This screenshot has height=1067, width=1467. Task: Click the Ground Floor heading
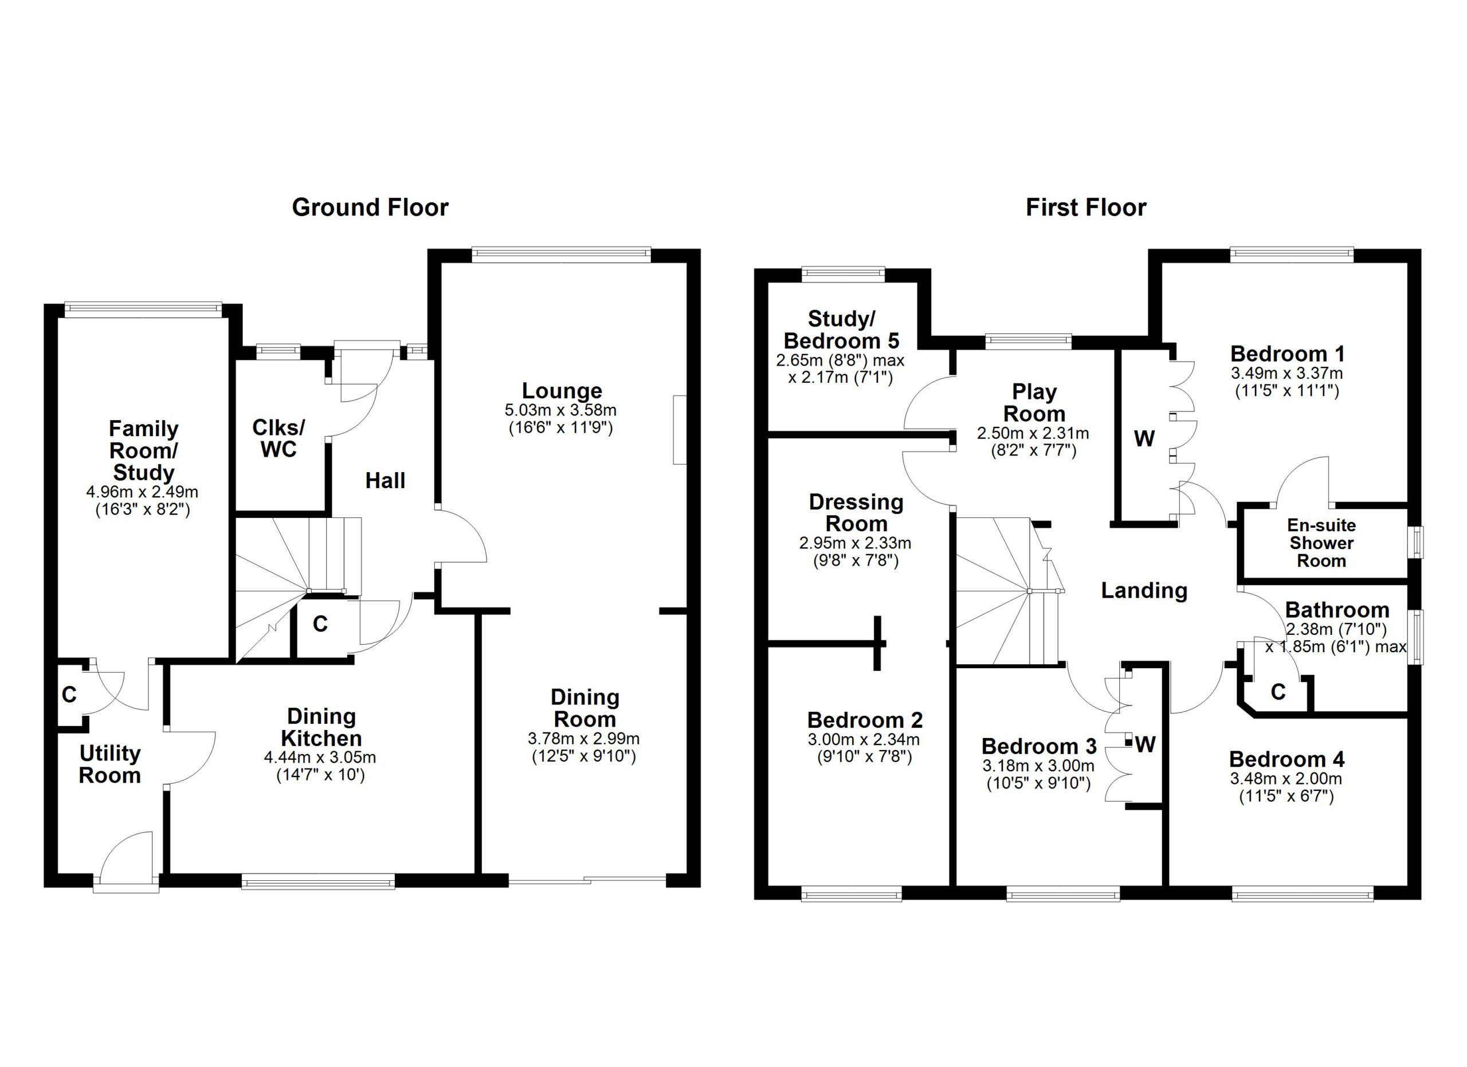coord(370,207)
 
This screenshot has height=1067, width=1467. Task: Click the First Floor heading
coord(1086,207)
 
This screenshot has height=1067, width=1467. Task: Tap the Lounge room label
coord(562,391)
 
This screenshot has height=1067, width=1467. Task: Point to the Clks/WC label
coord(279,438)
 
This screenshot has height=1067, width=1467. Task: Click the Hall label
coord(386,480)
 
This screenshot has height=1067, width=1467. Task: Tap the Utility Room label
coord(110,764)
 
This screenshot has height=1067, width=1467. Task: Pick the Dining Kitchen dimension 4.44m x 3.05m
coord(320,757)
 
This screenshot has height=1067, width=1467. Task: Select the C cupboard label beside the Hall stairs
coord(320,623)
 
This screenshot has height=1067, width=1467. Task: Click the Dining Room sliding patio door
coord(587,880)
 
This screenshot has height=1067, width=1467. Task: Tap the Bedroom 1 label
coord(1287,354)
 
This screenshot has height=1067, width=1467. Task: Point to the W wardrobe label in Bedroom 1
coord(1144,439)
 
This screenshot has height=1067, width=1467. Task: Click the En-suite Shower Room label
coord(1321,543)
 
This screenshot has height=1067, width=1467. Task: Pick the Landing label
coord(1144,590)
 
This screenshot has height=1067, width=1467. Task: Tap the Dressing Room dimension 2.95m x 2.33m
coord(855,544)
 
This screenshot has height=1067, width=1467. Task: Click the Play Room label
coord(1034,402)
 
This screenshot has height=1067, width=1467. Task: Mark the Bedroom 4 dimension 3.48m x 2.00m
coord(1286,779)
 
